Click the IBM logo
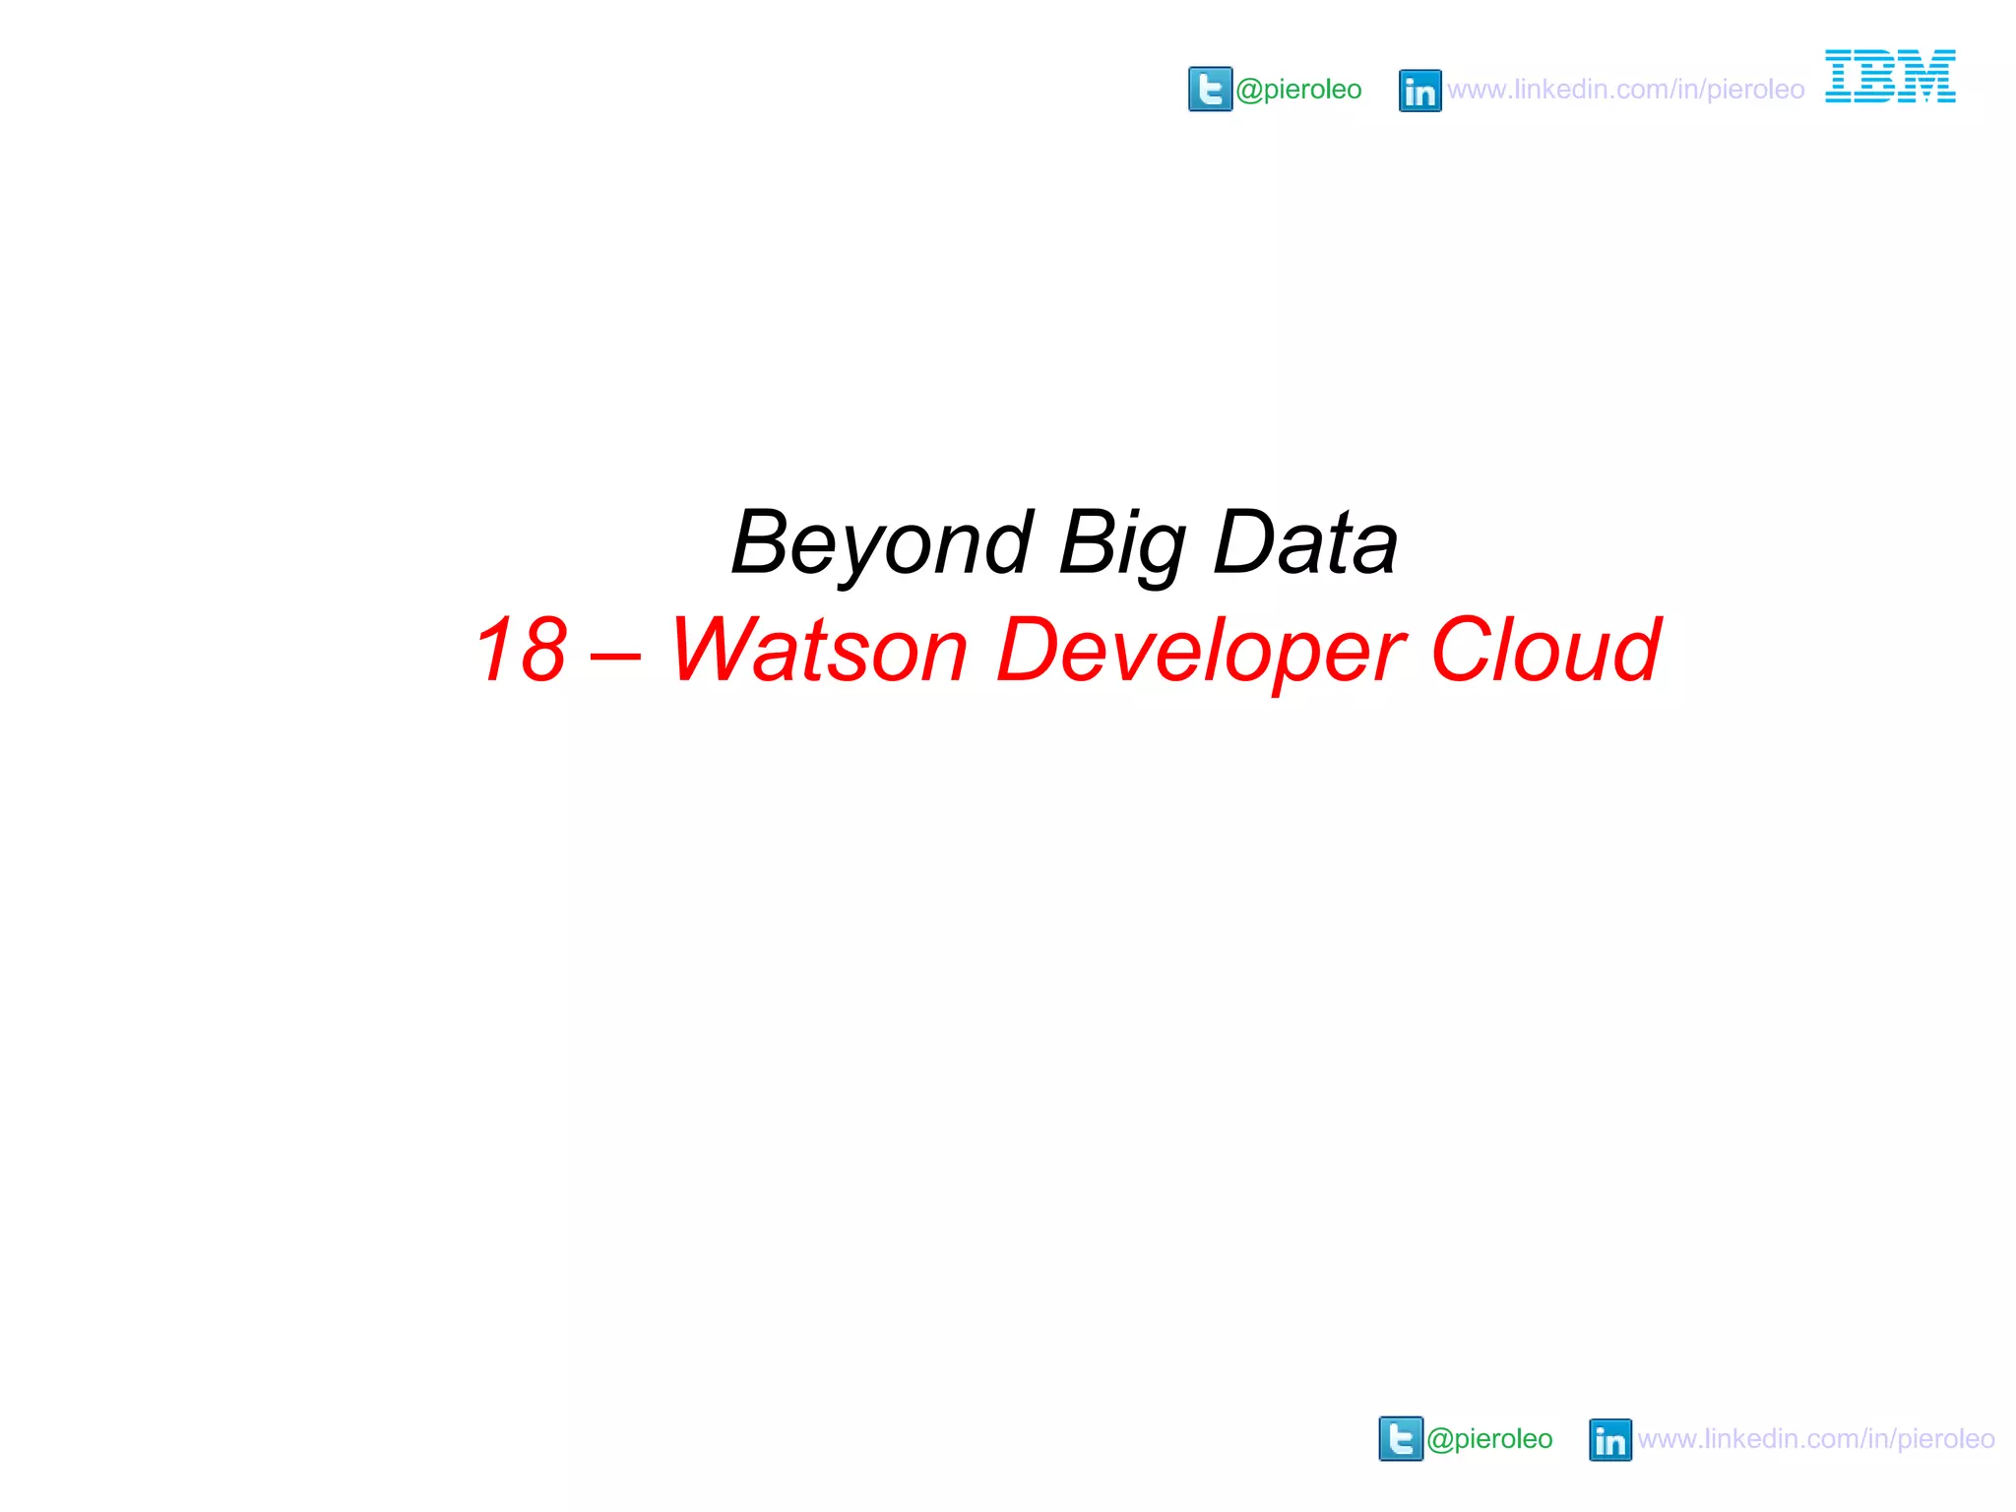tap(1890, 76)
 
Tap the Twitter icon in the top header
tap(1210, 90)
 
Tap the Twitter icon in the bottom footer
tap(1400, 1439)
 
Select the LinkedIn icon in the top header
tap(1419, 91)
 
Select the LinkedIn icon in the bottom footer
tap(1609, 1440)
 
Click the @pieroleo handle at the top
tap(1298, 90)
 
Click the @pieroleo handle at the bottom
tap(1488, 1439)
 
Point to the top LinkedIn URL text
tap(1625, 90)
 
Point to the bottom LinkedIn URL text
tap(1815, 1439)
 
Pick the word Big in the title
tap(1122, 543)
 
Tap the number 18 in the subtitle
tap(521, 650)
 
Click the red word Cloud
tap(1545, 650)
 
